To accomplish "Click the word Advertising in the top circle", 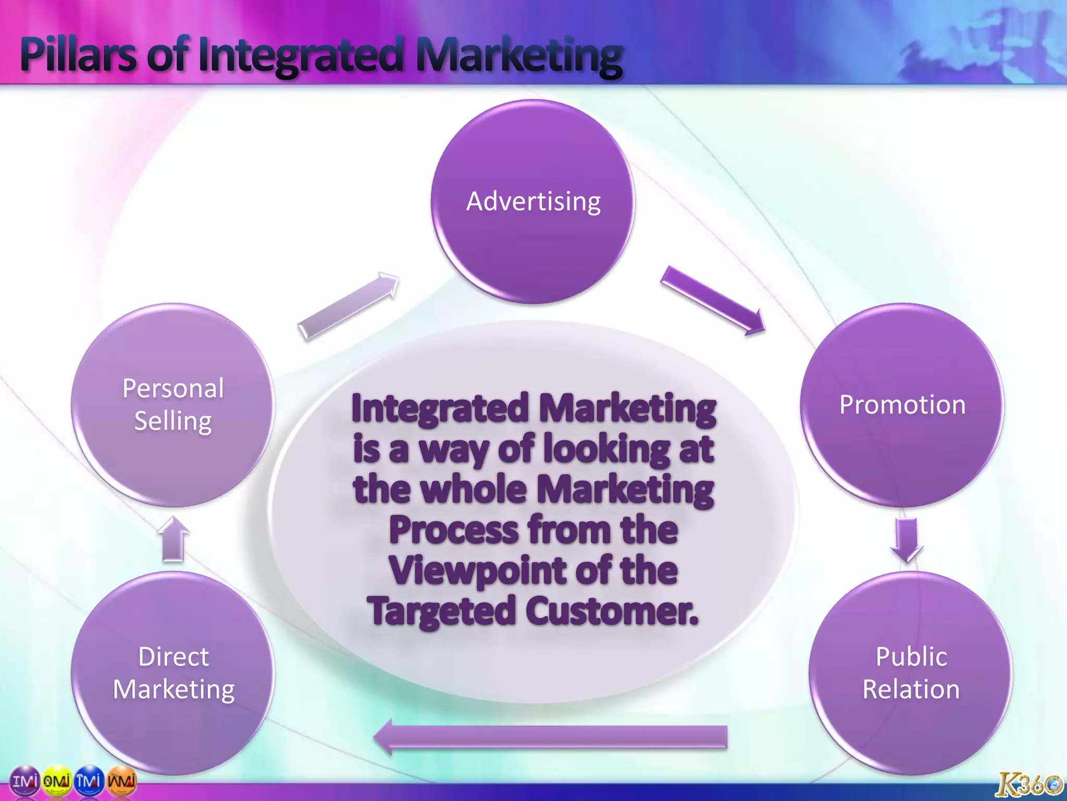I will coord(533,202).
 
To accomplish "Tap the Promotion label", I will coord(902,405).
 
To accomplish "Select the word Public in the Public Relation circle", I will coord(911,657).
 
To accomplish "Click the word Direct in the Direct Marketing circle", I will coord(173,657).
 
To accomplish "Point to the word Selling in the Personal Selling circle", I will coord(173,421).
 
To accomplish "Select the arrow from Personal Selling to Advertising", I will coord(348,306).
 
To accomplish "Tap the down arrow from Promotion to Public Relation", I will coord(907,540).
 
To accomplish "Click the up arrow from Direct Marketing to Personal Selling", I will coord(173,539).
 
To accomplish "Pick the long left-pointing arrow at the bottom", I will coord(550,737).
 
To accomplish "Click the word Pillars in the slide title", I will coord(78,55).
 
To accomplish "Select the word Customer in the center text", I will coord(612,611).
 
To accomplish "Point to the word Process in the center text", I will coord(453,530).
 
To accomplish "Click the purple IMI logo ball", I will coord(24,781).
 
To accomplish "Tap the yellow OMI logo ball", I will coord(56,781).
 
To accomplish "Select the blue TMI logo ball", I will coord(89,781).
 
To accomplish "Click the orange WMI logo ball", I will coord(121,781).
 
